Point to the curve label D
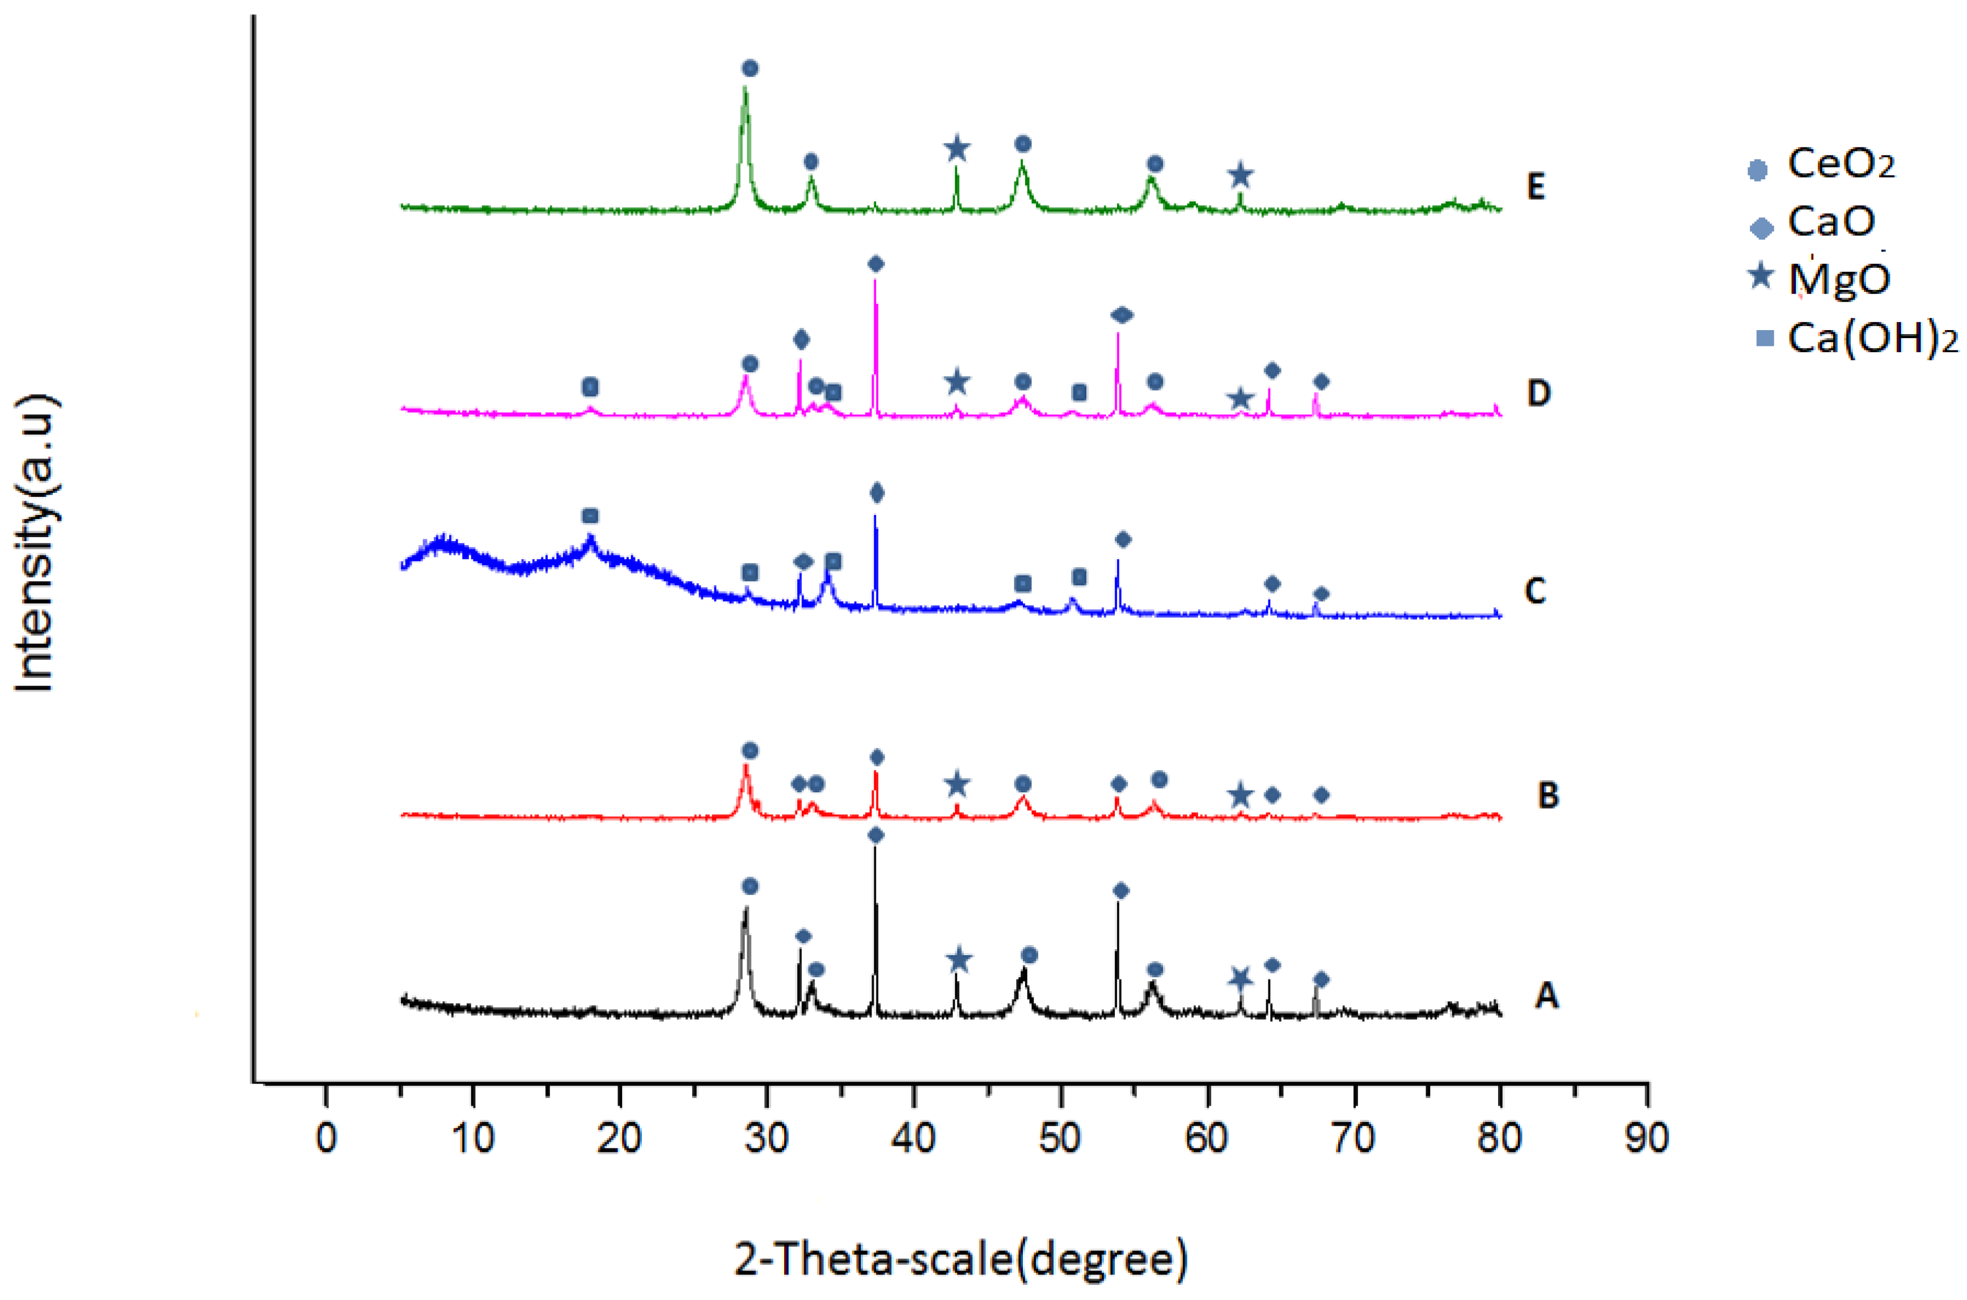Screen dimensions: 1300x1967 1538,393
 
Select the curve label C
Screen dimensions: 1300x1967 1535,591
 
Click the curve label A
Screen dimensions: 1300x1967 1546,994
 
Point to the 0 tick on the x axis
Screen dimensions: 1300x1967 327,1138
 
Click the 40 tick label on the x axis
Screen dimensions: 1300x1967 913,1138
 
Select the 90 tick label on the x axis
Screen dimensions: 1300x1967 1646,1138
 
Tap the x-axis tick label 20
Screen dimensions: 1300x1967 619,1138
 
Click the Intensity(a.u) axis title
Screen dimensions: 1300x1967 35,543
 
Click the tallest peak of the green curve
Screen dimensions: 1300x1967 745,90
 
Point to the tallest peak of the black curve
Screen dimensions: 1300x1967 874,847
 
